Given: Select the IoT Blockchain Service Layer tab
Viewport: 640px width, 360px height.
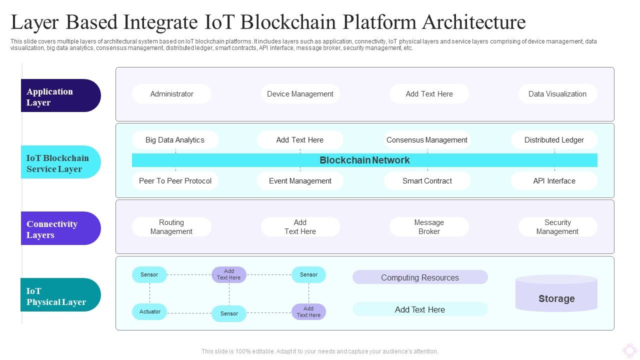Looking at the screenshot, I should coord(60,163).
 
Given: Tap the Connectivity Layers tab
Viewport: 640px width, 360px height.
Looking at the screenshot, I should coord(60,229).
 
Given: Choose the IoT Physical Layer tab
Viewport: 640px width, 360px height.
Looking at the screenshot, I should coord(60,296).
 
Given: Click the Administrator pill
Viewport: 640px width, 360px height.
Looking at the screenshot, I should coord(171,94).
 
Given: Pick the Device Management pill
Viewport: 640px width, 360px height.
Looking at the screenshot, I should coord(300,94).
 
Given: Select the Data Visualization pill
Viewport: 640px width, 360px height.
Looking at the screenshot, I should coord(557,94).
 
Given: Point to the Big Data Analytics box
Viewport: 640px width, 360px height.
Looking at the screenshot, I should coord(175,140).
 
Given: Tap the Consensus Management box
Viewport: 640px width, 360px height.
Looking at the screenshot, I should coord(427,140).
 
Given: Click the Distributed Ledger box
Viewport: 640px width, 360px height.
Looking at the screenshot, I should coord(554,140).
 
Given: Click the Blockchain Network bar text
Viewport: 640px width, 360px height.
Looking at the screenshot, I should coord(364,160).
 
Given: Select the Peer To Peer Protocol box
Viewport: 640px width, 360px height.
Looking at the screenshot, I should coord(175,181).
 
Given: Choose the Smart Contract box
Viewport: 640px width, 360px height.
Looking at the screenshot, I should coord(427,181).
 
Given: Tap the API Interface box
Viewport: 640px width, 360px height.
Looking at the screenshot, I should coord(554,181).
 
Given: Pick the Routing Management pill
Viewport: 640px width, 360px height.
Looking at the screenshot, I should coord(171,227).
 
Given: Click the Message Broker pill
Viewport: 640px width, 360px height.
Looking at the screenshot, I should coord(429,227).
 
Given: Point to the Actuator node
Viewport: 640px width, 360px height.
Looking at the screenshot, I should coord(149,312).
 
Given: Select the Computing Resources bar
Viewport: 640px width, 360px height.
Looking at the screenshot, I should coord(420,277).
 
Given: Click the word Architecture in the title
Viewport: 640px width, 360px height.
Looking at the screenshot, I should coord(474,22).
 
